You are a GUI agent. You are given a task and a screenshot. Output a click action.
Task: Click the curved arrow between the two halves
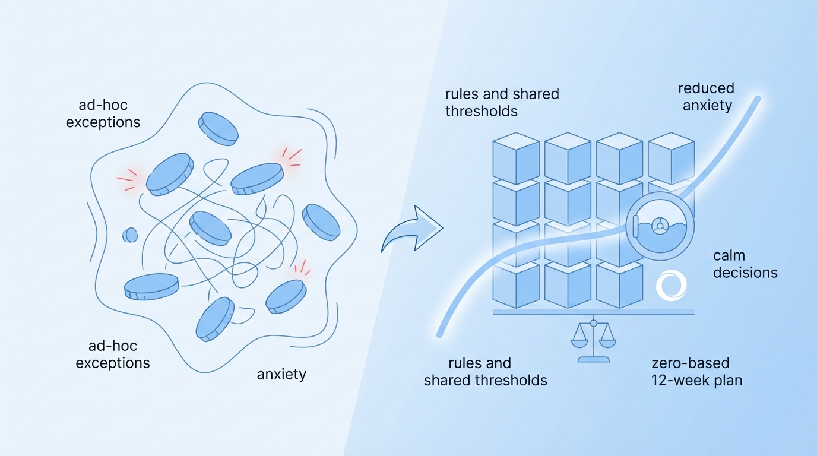click(411, 229)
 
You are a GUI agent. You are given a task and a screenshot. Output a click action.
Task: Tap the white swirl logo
click(671, 286)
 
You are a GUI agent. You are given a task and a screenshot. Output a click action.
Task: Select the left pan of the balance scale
click(579, 343)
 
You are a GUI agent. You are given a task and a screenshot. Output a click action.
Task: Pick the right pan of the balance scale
click(607, 343)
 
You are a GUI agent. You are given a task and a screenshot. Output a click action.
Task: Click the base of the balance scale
click(593, 360)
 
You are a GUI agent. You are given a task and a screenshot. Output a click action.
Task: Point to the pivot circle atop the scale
click(593, 323)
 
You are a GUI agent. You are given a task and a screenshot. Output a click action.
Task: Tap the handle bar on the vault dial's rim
click(635, 226)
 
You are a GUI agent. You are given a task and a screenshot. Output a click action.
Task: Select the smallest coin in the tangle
click(130, 235)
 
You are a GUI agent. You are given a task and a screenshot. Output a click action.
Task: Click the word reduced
click(706, 88)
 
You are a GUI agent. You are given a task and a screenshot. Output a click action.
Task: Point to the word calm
click(729, 255)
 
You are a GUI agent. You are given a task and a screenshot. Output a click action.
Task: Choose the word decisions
click(745, 273)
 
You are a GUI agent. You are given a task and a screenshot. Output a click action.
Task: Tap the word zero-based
click(690, 363)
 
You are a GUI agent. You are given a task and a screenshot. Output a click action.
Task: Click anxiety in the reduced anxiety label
click(707, 106)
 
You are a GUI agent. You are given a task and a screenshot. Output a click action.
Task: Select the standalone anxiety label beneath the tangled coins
click(281, 375)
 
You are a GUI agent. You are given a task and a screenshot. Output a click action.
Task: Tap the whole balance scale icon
click(593, 341)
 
